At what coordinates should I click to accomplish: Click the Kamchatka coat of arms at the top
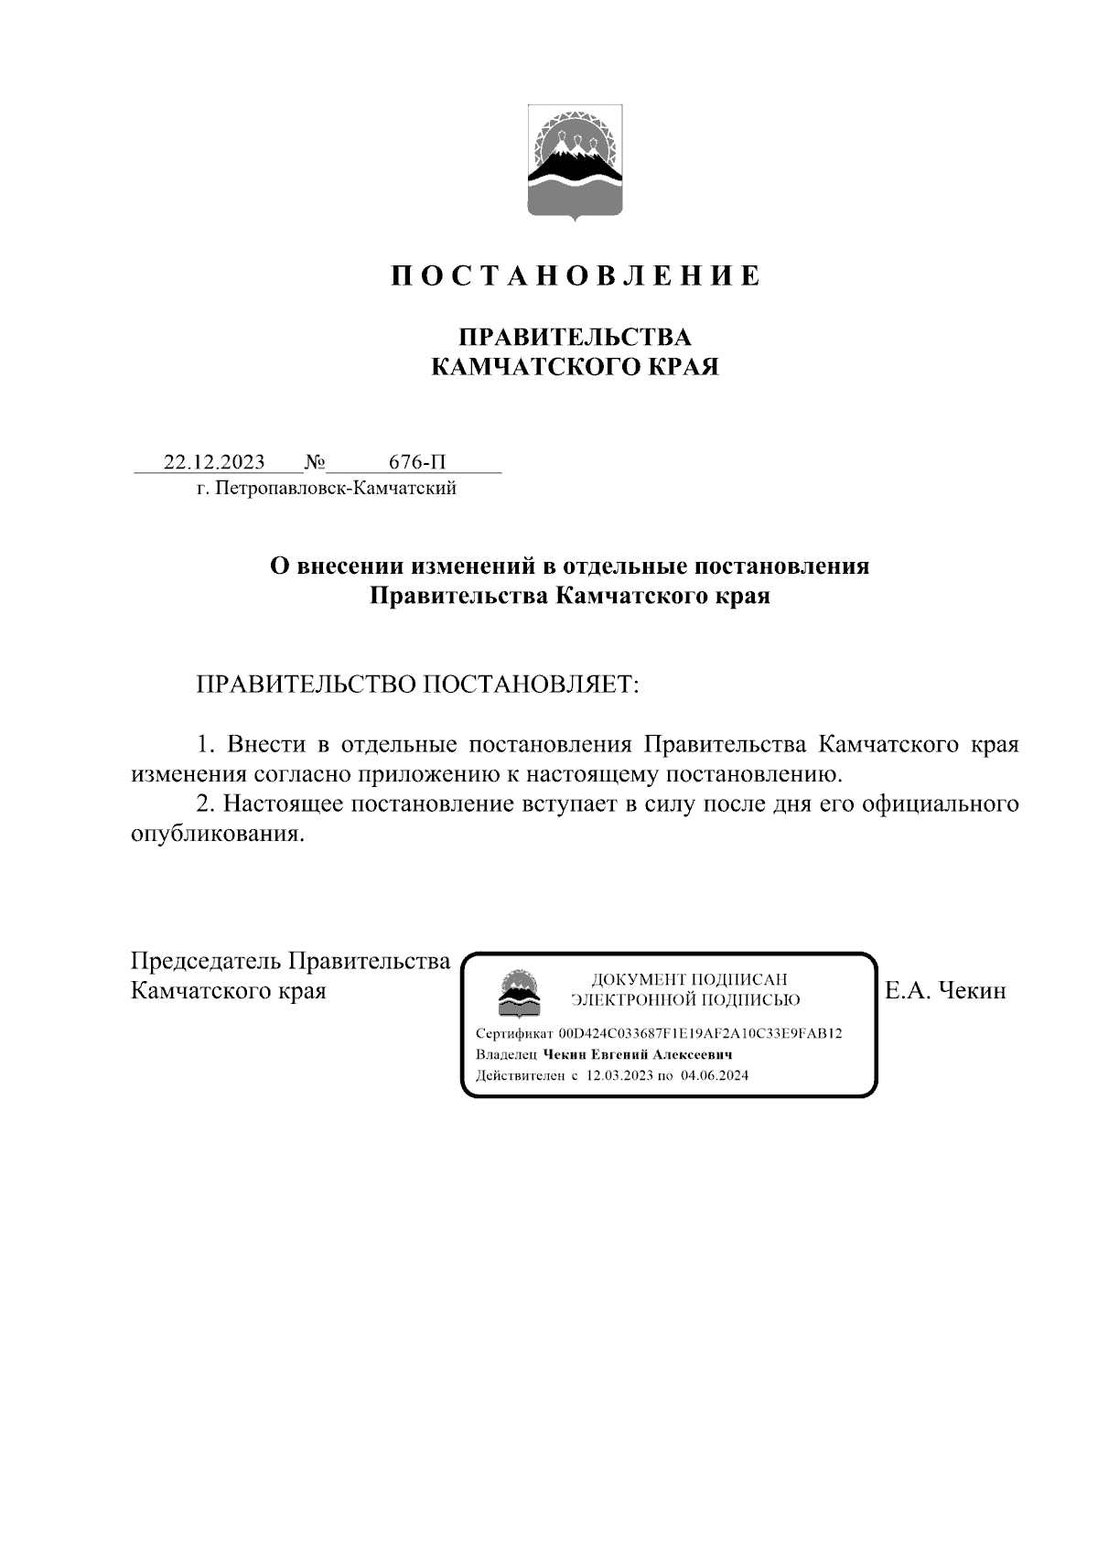[575, 163]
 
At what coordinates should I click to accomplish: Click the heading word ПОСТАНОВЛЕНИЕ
[576, 275]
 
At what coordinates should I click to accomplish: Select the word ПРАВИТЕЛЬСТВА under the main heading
[575, 337]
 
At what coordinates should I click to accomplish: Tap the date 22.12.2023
[214, 461]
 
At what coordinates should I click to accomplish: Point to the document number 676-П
[417, 461]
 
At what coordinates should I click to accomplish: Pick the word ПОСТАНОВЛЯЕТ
[530, 685]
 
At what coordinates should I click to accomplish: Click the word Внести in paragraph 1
[259, 743]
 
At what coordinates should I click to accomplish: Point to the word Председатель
[206, 961]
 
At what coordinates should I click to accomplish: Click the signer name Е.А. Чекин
[945, 991]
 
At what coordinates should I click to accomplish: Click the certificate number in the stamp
[700, 1033]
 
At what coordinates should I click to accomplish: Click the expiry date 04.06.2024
[714, 1075]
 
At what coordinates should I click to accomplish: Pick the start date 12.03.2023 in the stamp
[619, 1075]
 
